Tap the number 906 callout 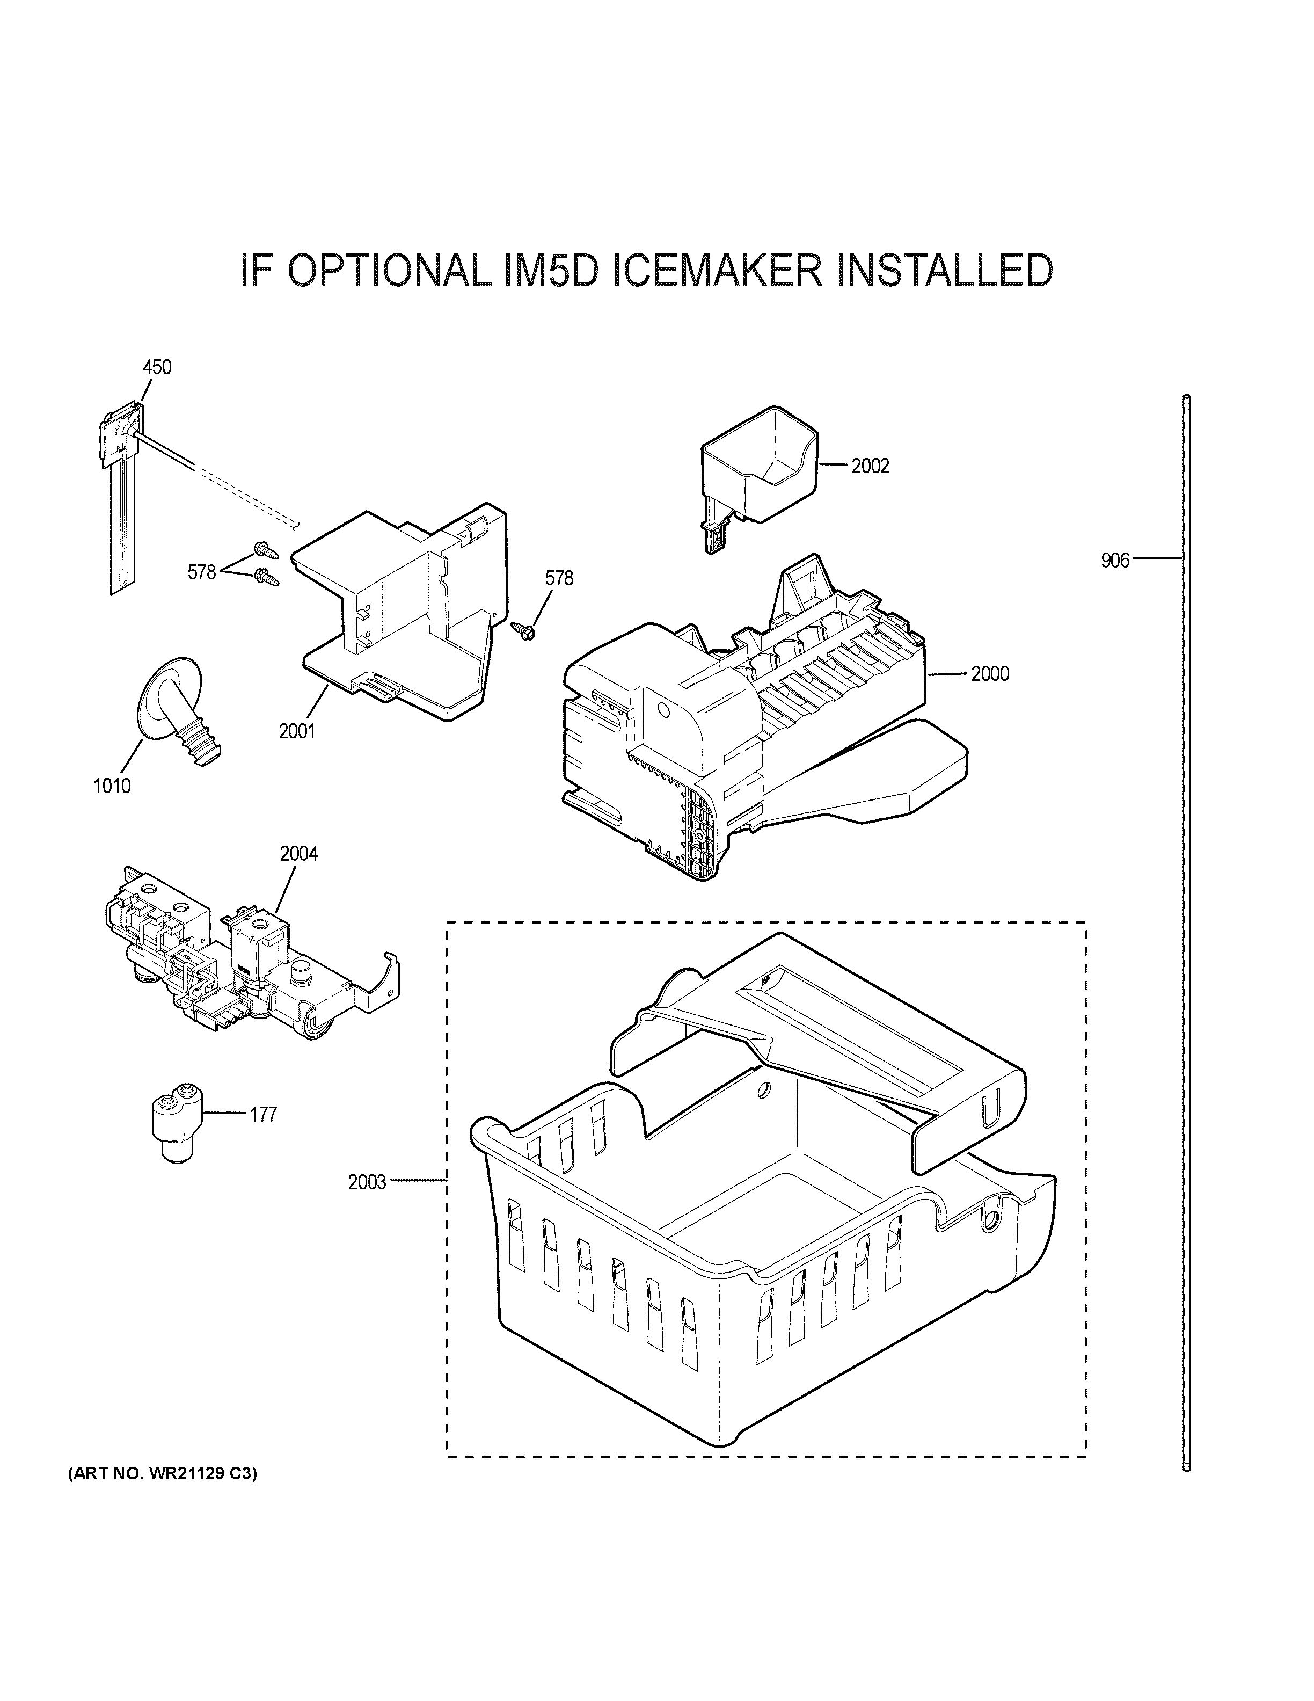(x=1115, y=560)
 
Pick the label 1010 (x=112, y=786)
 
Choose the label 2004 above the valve (x=299, y=854)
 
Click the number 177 (x=263, y=1115)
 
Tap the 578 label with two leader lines (x=202, y=572)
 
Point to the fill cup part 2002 (x=758, y=467)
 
